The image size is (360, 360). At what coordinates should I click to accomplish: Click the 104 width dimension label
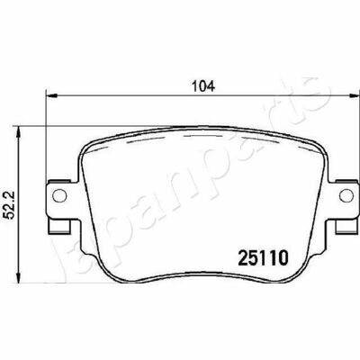pyautogui.click(x=203, y=86)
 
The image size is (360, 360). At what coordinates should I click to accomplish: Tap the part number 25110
pyautogui.click(x=263, y=257)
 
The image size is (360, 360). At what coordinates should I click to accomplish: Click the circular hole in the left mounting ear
pyautogui.click(x=58, y=195)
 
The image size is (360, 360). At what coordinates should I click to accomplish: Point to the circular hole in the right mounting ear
pyautogui.click(x=346, y=195)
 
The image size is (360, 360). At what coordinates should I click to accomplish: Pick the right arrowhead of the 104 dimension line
pyautogui.click(x=354, y=95)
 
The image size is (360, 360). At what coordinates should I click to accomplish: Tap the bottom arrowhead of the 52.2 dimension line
pyautogui.click(x=19, y=276)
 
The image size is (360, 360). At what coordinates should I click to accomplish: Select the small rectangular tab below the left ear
pyautogui.click(x=59, y=226)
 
